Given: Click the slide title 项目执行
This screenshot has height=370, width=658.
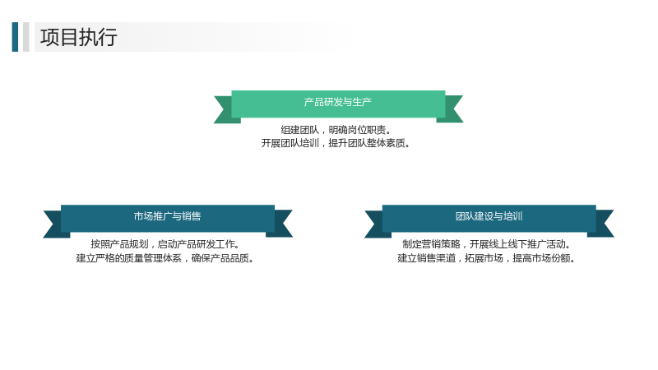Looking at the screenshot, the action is pos(78,37).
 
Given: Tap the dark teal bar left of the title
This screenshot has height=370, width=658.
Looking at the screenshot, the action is pos(15,37).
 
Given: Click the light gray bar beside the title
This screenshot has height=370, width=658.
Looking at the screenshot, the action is pos(26,37).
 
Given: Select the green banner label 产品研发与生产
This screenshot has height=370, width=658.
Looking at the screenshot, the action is pos(338,102).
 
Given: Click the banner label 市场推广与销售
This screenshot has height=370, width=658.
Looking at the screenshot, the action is pos(168,216).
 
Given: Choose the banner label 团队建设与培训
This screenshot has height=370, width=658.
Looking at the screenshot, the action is pos(489,216).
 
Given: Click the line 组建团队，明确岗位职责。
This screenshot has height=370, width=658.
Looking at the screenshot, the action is pos(336,130).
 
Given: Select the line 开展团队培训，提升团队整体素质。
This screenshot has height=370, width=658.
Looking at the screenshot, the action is pos(336,143).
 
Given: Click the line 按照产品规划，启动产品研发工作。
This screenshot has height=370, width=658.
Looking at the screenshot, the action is pos(165,244).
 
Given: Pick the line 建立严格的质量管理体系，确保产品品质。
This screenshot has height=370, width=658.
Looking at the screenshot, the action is pos(165,258).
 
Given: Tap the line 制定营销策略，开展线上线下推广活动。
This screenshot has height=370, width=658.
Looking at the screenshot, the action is pos(486,244).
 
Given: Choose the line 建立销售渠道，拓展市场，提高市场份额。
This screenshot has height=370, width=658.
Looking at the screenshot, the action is pos(486,258).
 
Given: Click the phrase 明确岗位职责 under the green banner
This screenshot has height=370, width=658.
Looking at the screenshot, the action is pos(357,130).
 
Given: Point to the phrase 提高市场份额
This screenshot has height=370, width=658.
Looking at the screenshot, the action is pos(541,258).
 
